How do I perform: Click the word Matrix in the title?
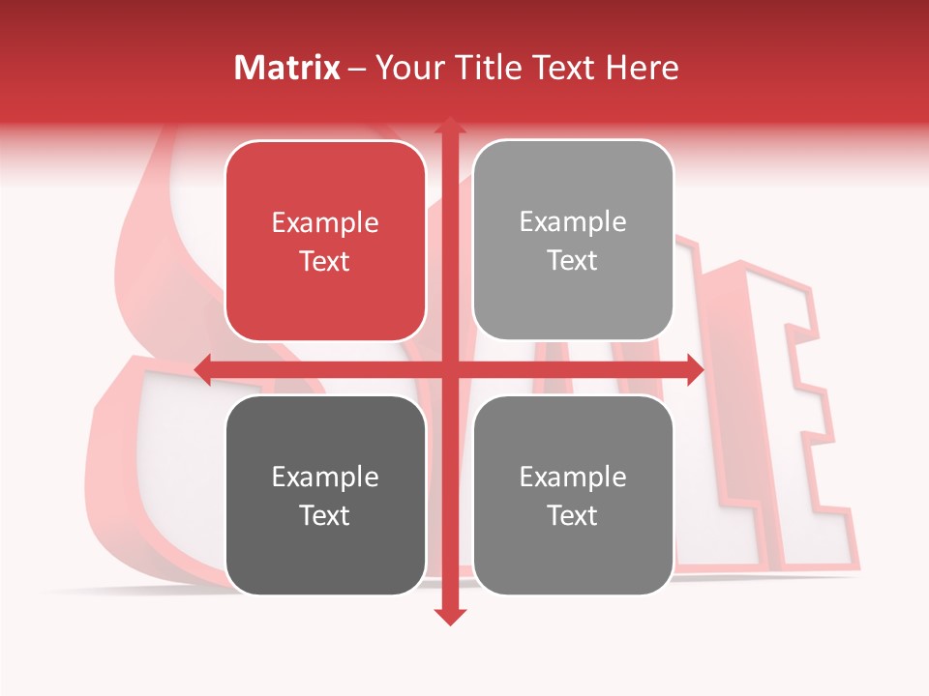tap(287, 67)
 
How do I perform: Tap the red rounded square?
tap(325, 241)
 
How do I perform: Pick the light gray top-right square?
tap(573, 241)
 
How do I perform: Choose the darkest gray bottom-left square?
tap(325, 495)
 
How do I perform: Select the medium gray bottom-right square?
tap(573, 495)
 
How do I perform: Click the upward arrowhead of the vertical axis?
tap(450, 126)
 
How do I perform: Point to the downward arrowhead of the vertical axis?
tap(450, 616)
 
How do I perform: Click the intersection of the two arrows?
tap(450, 369)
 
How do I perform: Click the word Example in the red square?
tap(325, 223)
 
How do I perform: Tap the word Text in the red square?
tap(325, 261)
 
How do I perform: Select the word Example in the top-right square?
tap(573, 222)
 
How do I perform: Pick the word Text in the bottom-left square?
tap(325, 515)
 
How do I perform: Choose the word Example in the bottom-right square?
tap(573, 477)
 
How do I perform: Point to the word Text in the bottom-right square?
tap(573, 515)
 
